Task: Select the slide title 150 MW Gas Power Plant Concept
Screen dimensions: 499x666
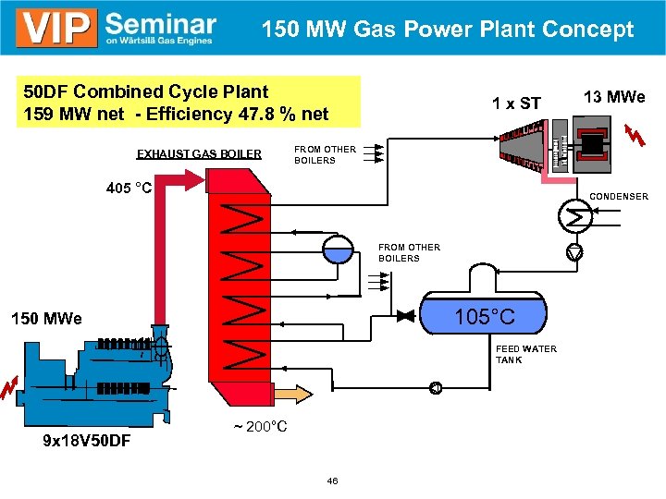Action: (x=448, y=30)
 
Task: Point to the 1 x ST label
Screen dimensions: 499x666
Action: (x=515, y=103)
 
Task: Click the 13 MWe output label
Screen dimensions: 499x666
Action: (x=614, y=97)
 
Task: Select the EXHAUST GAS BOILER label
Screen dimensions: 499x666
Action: (x=199, y=153)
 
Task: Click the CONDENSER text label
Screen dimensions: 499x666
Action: (x=619, y=196)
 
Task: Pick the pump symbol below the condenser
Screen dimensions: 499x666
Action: (x=575, y=252)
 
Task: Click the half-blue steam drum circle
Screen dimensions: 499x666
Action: (x=337, y=248)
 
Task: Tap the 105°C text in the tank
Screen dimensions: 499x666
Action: (x=485, y=318)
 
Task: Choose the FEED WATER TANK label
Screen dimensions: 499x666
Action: (x=526, y=354)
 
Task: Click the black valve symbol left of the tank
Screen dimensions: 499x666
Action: (x=404, y=316)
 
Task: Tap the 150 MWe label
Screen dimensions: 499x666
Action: (x=46, y=319)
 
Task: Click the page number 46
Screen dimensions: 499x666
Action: (x=332, y=481)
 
